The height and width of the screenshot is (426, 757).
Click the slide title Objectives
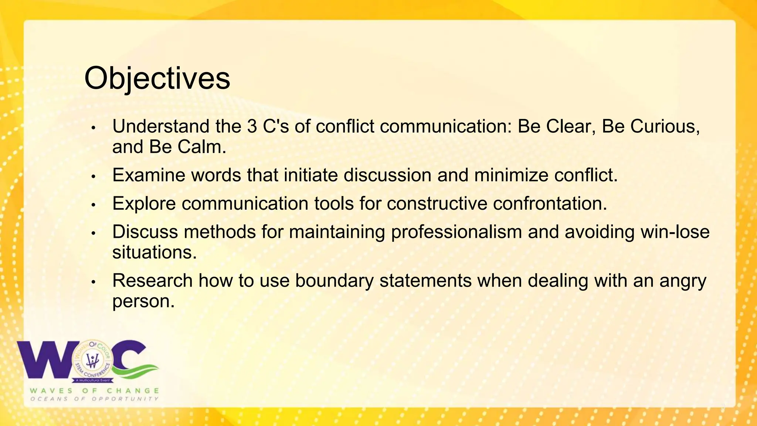coord(157,78)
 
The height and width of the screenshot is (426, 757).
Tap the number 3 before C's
coord(252,126)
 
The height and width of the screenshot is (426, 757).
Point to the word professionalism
coord(456,232)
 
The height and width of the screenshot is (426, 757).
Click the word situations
coord(154,253)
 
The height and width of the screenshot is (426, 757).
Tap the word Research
coord(152,281)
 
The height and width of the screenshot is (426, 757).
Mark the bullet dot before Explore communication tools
coord(94,205)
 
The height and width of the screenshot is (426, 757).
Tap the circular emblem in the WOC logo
coord(92,361)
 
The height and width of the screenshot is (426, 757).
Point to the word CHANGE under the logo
coord(133,391)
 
